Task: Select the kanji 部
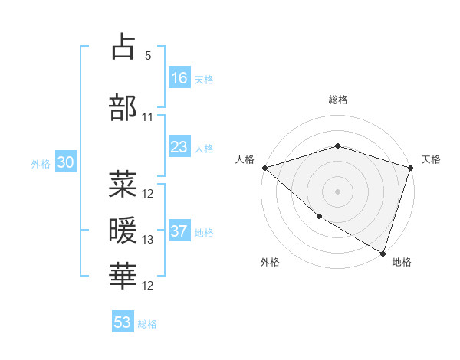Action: (x=123, y=107)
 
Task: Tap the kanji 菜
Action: (x=123, y=184)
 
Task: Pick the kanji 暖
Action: (x=123, y=230)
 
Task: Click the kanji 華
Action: (x=123, y=276)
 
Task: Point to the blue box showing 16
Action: (x=179, y=78)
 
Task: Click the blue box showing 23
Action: (x=179, y=147)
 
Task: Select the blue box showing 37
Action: (x=179, y=231)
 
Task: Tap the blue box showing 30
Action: (x=65, y=162)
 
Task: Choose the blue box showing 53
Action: (x=123, y=322)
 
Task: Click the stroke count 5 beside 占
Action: (x=147, y=56)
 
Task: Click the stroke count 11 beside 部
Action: (x=147, y=117)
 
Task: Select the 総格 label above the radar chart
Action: (x=338, y=100)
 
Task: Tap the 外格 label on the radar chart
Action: (x=270, y=262)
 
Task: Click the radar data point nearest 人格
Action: (x=264, y=168)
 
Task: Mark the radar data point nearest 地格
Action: (x=383, y=253)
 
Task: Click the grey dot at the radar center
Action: (x=338, y=191)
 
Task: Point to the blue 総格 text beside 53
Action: (x=148, y=324)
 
